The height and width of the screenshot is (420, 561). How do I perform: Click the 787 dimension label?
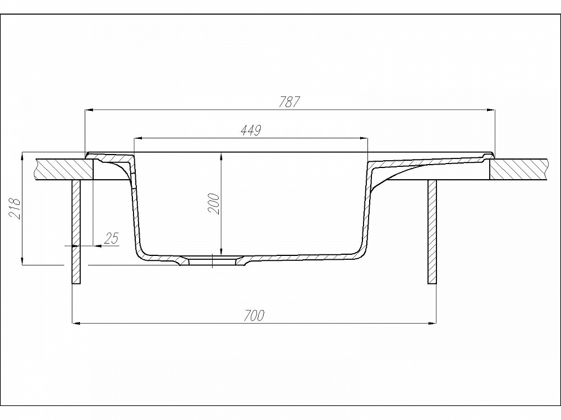[x=289, y=102]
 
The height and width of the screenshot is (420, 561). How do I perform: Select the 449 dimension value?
[x=251, y=130]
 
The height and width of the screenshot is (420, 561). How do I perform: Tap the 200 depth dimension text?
[x=214, y=204]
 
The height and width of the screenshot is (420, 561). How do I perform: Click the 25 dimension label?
[x=111, y=238]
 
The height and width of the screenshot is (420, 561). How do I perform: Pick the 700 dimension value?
[x=254, y=316]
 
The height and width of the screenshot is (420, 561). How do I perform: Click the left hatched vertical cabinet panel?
[x=76, y=232]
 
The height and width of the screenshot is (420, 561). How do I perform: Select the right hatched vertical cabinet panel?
[x=432, y=232]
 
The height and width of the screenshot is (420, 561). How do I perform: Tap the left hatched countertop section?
[x=65, y=169]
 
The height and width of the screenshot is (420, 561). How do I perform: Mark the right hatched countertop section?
[x=519, y=169]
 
